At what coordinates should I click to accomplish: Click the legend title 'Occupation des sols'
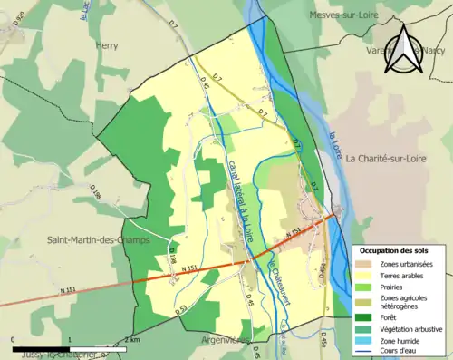396,250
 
